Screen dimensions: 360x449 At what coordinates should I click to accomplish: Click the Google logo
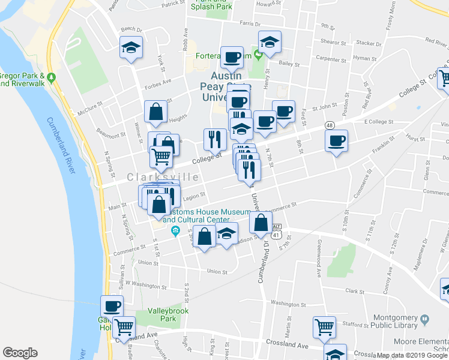[20, 353]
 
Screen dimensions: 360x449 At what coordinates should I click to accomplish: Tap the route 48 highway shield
[330, 125]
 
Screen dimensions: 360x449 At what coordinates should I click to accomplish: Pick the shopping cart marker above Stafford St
[324, 327]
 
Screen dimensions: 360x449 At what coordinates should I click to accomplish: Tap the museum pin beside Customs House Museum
[175, 232]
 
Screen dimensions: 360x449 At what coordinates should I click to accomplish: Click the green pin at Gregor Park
[52, 77]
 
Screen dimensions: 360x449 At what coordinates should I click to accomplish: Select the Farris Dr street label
[250, 25]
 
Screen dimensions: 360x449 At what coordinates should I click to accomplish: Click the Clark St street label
[355, 292]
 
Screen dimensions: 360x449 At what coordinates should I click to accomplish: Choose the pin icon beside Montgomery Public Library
[424, 318]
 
